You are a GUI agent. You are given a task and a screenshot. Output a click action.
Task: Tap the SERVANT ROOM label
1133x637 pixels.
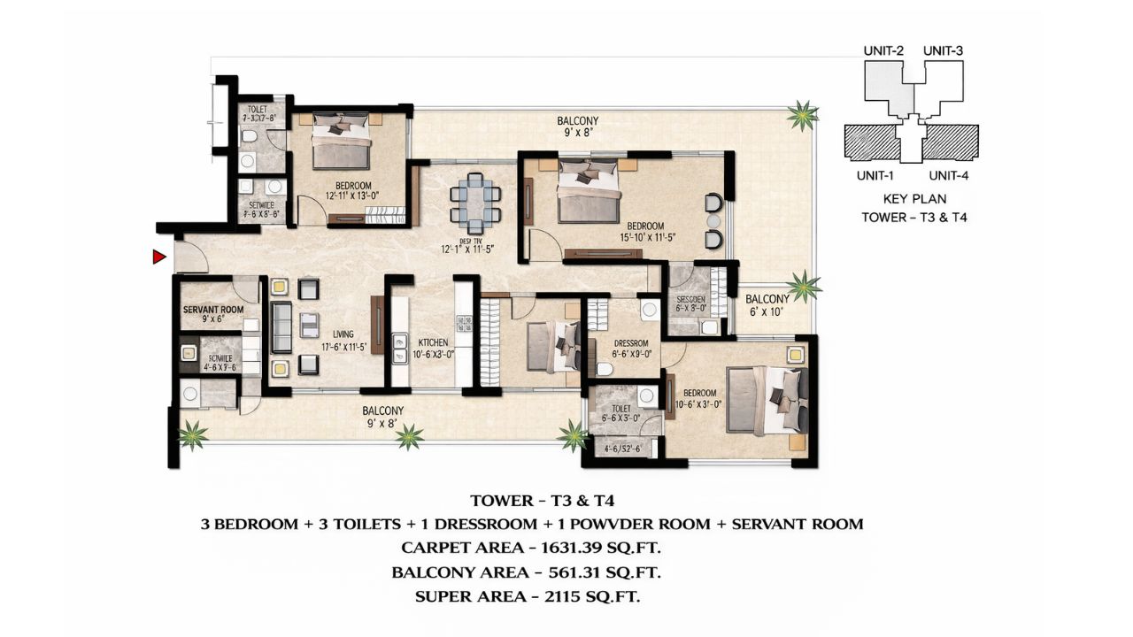(212, 311)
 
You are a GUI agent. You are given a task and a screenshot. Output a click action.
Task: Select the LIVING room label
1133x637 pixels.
(343, 334)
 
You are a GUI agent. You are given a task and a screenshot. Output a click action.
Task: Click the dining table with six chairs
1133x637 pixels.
(475, 203)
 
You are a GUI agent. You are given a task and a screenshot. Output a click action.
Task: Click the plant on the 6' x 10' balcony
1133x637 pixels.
(805, 285)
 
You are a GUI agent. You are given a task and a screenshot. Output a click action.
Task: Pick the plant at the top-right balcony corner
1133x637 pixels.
(802, 115)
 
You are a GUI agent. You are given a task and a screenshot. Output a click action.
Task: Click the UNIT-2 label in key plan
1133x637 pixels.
(883, 51)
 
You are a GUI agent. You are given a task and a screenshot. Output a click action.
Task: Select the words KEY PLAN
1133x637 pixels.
(914, 199)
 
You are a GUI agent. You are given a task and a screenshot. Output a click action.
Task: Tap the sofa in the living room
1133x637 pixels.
(281, 326)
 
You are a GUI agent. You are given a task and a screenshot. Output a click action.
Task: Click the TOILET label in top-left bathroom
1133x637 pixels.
(257, 110)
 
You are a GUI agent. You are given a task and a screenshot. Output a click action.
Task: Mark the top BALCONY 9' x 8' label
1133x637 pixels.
(577, 127)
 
